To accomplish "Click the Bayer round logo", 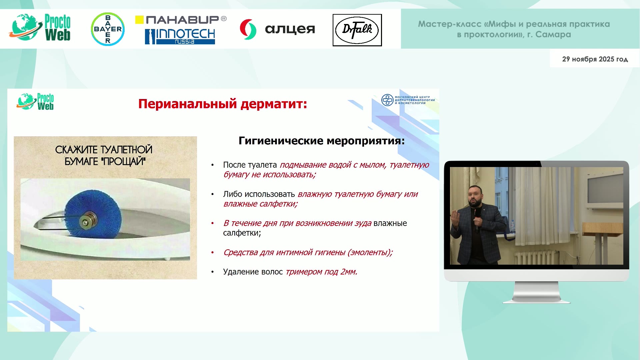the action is click(x=108, y=29).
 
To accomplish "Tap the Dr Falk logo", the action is click(x=357, y=30).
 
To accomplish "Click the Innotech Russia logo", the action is click(x=180, y=36).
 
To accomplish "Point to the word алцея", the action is click(x=290, y=29).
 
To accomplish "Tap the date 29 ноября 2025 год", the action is click(x=595, y=59).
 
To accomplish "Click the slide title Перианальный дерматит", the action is click(x=223, y=104).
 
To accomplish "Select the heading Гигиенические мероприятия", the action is click(x=322, y=141).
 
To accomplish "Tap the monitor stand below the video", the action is click(x=536, y=292).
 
